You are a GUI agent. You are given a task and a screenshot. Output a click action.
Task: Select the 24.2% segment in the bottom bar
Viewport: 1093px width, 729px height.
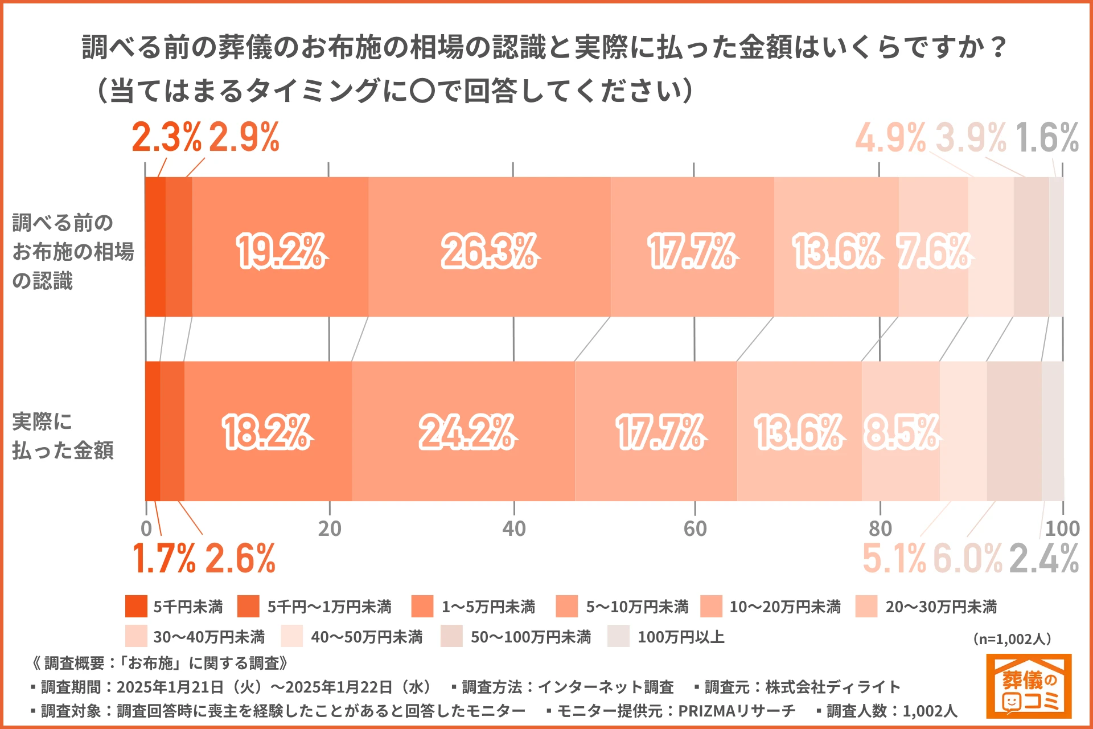pos(463,431)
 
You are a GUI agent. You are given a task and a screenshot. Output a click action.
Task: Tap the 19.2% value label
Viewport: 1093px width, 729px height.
pos(281,251)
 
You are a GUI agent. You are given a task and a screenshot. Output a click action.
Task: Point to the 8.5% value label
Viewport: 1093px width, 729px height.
pos(901,432)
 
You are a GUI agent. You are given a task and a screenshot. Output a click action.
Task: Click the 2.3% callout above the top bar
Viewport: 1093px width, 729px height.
pos(166,138)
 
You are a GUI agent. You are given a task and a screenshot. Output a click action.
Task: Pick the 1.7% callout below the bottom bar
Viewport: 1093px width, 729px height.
pos(164,558)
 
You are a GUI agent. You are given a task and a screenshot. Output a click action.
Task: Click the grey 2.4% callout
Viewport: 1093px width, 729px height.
pos(1044,558)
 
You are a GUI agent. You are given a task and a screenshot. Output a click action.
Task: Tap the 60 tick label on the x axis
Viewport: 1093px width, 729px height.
pos(695,529)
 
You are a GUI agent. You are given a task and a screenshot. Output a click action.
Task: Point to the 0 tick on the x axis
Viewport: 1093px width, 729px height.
pos(146,529)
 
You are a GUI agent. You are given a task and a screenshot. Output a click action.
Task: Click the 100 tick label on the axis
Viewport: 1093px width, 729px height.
pos(1062,529)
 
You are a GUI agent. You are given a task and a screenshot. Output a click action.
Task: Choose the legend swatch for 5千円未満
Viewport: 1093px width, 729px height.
pos(136,607)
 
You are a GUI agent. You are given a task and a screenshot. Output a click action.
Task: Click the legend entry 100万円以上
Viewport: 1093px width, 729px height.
pos(681,637)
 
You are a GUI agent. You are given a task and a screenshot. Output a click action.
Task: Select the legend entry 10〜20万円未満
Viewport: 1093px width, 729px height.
pos(785,607)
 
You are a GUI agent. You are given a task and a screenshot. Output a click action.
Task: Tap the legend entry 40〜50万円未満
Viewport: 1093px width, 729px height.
pos(367,637)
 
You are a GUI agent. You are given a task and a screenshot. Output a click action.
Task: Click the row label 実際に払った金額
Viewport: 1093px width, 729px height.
pos(63,436)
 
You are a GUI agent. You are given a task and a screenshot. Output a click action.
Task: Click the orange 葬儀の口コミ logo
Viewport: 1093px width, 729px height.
pos(1029,686)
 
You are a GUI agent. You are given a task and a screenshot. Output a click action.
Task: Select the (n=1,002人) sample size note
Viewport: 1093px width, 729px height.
pos(1012,639)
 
